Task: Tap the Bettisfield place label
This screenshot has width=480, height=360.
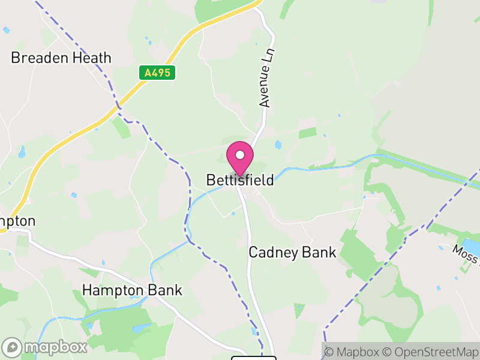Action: pos(240,180)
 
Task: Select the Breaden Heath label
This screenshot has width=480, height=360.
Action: pos(61,58)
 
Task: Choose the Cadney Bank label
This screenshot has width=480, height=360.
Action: pos(293,252)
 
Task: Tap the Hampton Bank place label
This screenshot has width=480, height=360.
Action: pos(132,290)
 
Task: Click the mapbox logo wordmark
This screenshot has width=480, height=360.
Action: pos(45,347)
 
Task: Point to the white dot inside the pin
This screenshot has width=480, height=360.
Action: pos(240,155)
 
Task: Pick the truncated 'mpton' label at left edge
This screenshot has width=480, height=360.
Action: pos(17,221)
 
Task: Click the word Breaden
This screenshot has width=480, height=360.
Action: pos(38,58)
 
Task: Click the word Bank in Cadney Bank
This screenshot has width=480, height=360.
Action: pos(320,252)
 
